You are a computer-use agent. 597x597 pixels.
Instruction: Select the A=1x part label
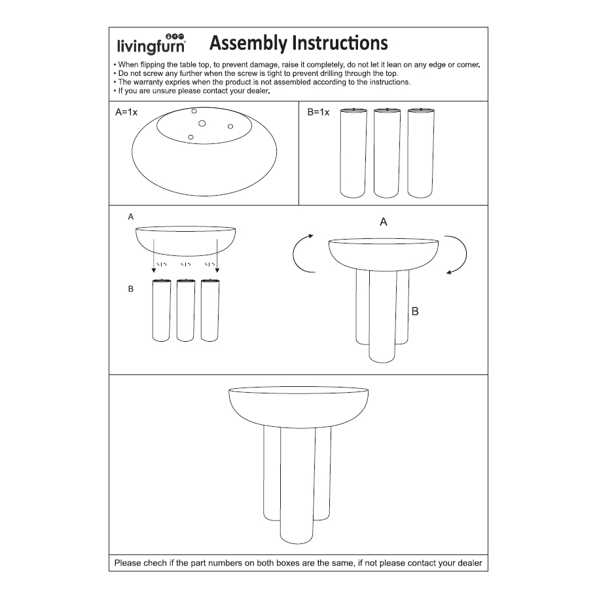(x=126, y=113)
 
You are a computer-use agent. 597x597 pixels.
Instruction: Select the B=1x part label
(x=318, y=113)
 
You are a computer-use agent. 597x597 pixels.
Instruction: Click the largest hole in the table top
(x=202, y=123)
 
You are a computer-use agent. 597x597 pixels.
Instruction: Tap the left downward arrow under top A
(x=154, y=255)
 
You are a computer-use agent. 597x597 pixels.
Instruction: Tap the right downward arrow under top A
(x=216, y=255)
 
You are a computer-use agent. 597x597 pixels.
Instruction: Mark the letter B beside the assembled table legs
(x=415, y=312)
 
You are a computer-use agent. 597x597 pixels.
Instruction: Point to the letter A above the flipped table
(x=384, y=223)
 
